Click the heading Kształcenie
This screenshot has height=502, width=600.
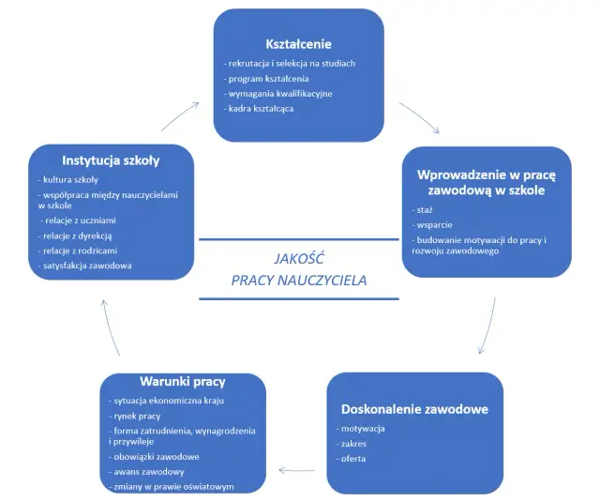click(297, 44)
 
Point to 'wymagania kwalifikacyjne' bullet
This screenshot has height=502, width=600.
click(279, 94)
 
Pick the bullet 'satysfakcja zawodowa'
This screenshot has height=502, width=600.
click(87, 266)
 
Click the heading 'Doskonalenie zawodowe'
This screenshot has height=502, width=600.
click(413, 409)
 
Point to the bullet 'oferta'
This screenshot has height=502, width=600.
click(352, 458)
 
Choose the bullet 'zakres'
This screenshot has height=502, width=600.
click(353, 443)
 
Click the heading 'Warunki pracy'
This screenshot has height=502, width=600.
click(182, 382)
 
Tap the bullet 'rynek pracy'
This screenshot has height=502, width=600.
click(138, 415)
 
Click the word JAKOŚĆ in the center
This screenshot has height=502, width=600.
click(299, 258)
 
